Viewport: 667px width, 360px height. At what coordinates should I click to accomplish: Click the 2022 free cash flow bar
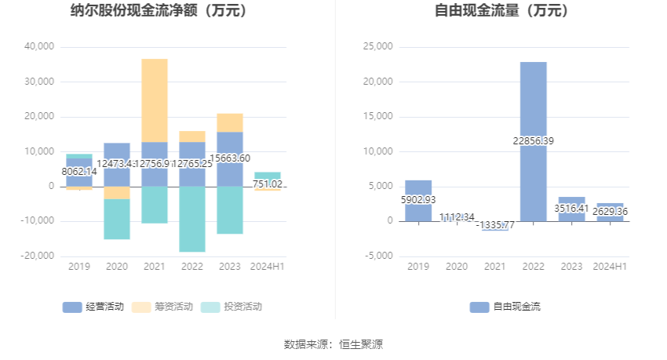pyautogui.click(x=533, y=141)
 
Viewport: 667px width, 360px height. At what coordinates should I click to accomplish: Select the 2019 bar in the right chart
pyautogui.click(x=418, y=201)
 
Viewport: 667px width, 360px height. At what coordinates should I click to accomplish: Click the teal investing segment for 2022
pyautogui.click(x=192, y=219)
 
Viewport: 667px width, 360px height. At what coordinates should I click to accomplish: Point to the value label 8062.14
pyautogui.click(x=79, y=171)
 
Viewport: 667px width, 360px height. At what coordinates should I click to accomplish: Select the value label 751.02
pyautogui.click(x=268, y=184)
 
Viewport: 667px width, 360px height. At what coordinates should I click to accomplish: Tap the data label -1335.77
pyautogui.click(x=495, y=224)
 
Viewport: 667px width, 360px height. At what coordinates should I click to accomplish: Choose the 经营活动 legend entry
pyautogui.click(x=93, y=307)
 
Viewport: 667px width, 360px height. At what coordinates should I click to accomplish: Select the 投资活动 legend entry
pyautogui.click(x=231, y=307)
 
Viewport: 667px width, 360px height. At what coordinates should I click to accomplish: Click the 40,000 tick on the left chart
pyautogui.click(x=39, y=47)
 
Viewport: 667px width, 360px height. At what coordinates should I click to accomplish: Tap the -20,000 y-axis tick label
pyautogui.click(x=38, y=256)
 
